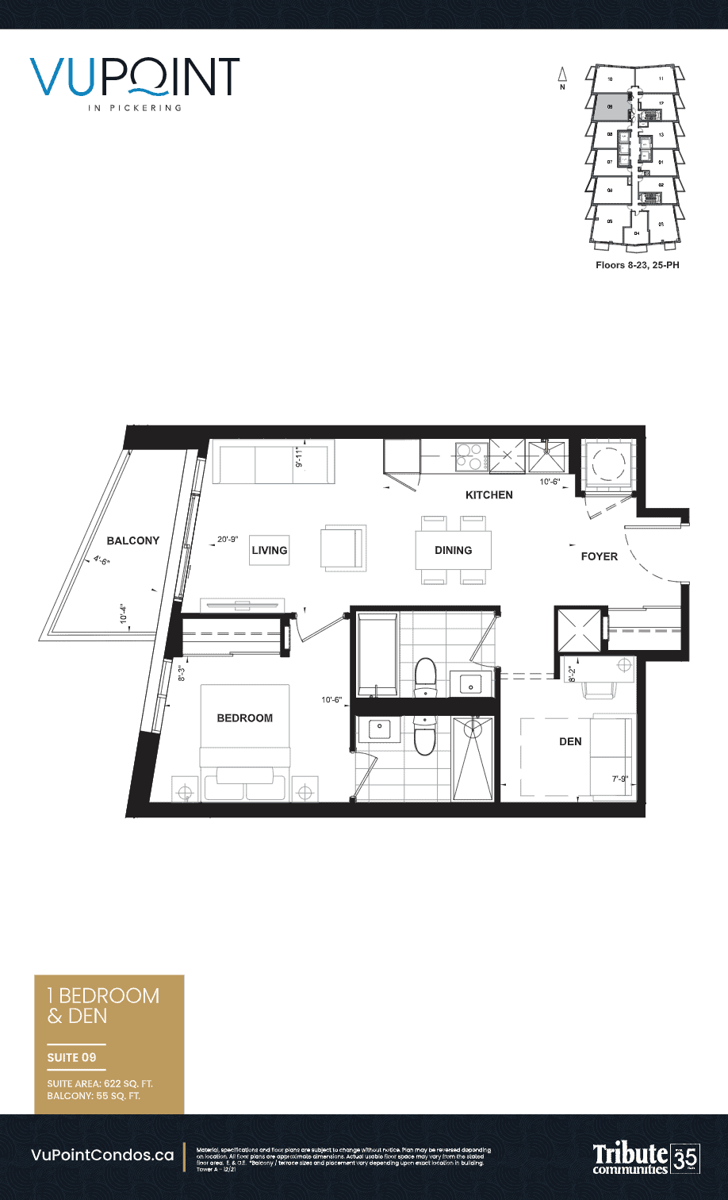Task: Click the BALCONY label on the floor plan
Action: pos(133,540)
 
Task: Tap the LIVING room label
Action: pos(269,550)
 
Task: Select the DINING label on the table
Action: pos(453,550)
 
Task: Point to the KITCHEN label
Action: pos(489,495)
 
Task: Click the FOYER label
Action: pos(599,556)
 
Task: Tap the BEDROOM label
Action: pos(244,718)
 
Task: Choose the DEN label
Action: pos(570,741)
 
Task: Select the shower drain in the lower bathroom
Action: pos(473,726)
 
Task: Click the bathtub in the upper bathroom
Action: pos(377,653)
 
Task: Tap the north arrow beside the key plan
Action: pos(562,76)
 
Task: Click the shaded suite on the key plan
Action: pos(610,106)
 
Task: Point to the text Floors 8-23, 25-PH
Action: pos(637,265)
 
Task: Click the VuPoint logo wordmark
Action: pos(136,77)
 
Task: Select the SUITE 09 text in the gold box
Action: pos(71,1057)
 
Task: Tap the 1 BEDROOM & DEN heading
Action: pos(103,1006)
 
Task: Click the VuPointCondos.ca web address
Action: pos(102,1156)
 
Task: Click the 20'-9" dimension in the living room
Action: pos(228,540)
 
